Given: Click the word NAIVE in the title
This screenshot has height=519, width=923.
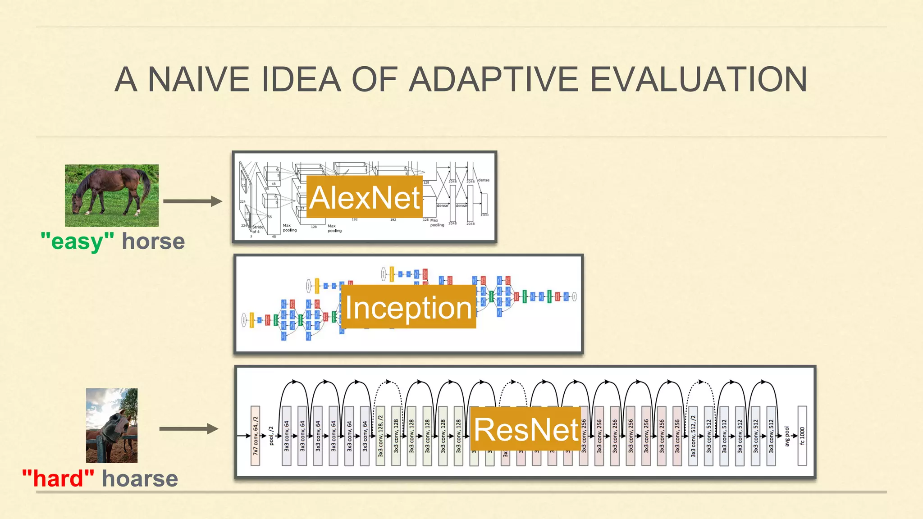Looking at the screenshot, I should (198, 80).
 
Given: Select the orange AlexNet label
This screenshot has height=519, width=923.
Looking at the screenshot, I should (365, 197).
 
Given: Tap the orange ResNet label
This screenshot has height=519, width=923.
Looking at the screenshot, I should (526, 429).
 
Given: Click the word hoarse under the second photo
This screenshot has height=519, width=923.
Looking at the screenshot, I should (140, 478).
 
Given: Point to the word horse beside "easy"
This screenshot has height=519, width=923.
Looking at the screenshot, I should (153, 241).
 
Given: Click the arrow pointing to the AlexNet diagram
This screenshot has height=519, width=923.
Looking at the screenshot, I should (192, 201).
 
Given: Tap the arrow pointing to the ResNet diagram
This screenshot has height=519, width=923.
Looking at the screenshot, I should (189, 428).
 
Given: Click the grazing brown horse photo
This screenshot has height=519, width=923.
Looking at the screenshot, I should (112, 196).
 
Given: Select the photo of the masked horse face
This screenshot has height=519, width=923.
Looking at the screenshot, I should (112, 425).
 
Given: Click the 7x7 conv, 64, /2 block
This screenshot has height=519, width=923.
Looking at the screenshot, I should (255, 435).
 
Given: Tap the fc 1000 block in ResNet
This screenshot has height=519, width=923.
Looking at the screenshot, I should (802, 435).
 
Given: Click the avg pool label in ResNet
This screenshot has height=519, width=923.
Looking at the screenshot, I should (787, 436).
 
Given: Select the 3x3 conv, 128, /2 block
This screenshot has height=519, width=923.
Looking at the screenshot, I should (380, 435).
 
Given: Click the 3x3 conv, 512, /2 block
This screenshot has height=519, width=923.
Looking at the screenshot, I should (693, 435).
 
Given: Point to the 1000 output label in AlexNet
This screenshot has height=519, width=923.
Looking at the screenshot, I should (484, 215).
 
